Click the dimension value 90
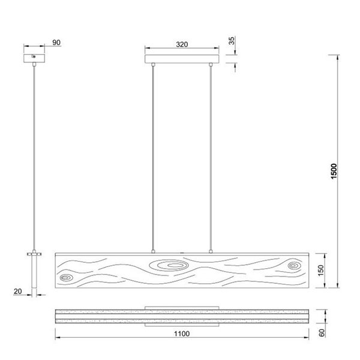pos(56,43)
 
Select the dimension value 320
pos(183,44)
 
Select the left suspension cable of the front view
pos(153,156)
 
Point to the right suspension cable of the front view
pos(212,156)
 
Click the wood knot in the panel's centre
pos(172,265)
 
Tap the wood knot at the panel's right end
pos(294,265)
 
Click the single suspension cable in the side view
pos(35,156)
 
